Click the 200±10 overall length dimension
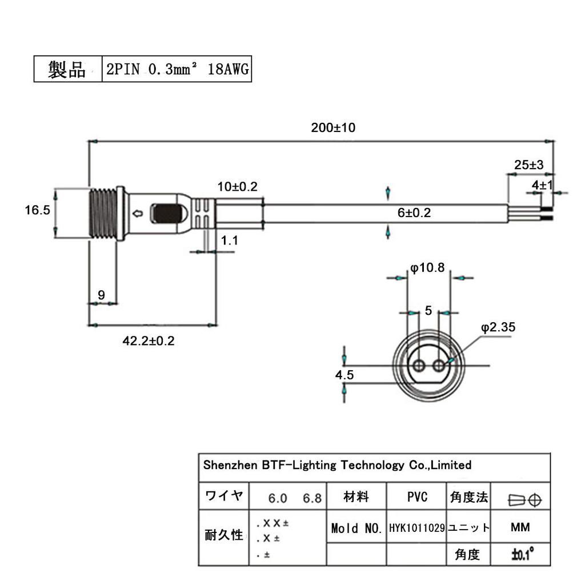[x=333, y=128]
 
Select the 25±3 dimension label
[x=528, y=165]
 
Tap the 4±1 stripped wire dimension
[x=542, y=185]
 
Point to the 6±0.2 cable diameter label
[x=414, y=213]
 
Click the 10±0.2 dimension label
[x=237, y=187]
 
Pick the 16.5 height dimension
[x=38, y=210]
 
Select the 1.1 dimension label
[x=230, y=241]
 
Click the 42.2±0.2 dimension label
[x=149, y=341]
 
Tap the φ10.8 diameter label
[x=427, y=267]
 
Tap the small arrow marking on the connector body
[x=137, y=214]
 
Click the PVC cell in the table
[x=417, y=497]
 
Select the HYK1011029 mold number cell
[x=417, y=528]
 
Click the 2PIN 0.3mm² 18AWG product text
[x=177, y=70]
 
